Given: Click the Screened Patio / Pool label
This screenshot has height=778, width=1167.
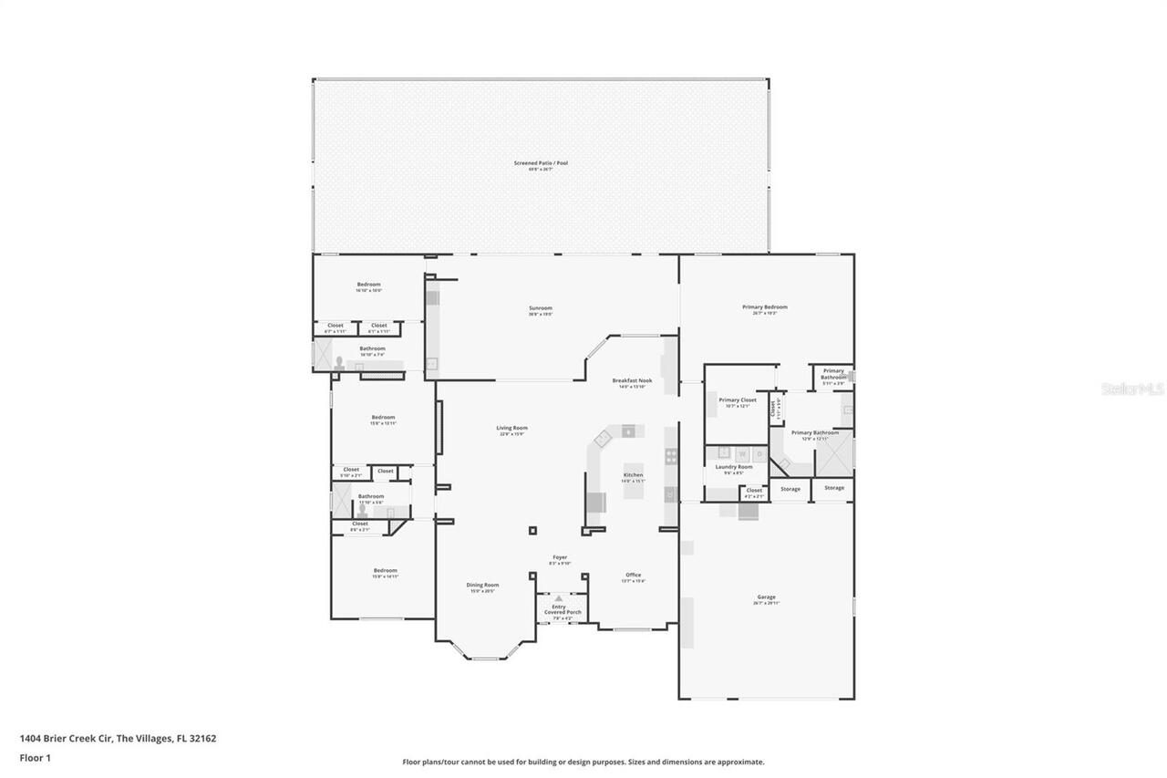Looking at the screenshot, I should (541, 163).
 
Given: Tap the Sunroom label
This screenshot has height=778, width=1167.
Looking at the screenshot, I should (541, 308).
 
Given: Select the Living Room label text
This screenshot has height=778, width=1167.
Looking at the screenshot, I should (511, 428).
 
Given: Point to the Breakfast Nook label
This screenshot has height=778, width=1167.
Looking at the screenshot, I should (632, 380).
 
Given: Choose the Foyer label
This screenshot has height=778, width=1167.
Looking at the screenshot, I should (560, 557).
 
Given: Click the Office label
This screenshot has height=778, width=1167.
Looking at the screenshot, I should (633, 575).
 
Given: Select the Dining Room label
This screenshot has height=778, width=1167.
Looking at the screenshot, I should (482, 585).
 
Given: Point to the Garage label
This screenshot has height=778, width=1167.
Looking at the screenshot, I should (766, 597).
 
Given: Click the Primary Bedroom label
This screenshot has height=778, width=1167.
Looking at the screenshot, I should (764, 307).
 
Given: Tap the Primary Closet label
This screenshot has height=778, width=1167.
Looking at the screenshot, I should (737, 400).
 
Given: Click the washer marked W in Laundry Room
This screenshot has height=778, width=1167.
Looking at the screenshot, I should (742, 453).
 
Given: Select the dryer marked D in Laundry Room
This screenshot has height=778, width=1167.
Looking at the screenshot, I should (759, 453).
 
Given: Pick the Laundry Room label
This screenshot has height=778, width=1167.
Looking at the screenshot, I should (733, 467).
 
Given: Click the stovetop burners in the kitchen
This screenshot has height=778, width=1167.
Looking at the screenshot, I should (671, 456).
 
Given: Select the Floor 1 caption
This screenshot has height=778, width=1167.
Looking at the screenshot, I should (35, 758).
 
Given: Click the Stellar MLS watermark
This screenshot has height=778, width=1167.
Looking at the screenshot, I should (1132, 389).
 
